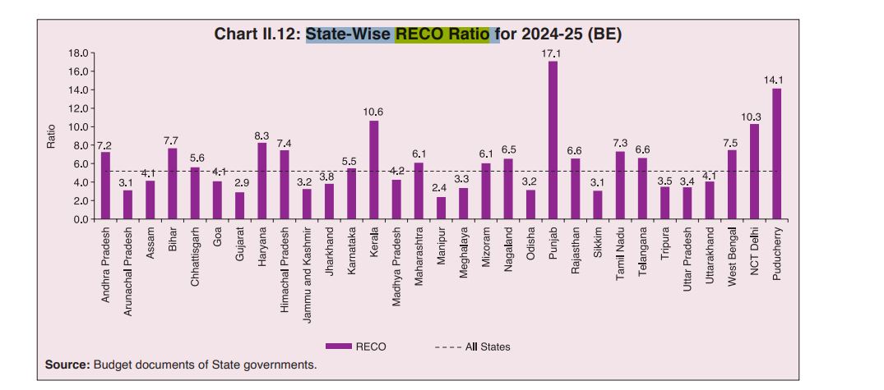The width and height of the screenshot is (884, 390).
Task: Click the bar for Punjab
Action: pyautogui.click(x=553, y=140)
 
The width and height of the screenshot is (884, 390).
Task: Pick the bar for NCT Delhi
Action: pyautogui.click(x=754, y=172)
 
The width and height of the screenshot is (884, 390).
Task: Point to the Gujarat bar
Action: pyautogui.click(x=239, y=205)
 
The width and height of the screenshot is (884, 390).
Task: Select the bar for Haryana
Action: pyautogui.click(x=262, y=181)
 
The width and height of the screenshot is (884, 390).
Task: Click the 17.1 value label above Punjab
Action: pyautogui.click(x=553, y=53)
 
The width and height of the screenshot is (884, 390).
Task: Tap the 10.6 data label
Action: pyautogui.click(x=373, y=112)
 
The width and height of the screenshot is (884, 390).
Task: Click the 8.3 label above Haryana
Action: pyautogui.click(x=261, y=135)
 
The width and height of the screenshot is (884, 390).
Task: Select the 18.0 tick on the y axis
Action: pyautogui.click(x=77, y=53)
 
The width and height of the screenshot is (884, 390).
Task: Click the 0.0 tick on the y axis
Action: pyautogui.click(x=80, y=219)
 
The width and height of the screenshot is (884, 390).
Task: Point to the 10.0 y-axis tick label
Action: pyautogui.click(x=77, y=127)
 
